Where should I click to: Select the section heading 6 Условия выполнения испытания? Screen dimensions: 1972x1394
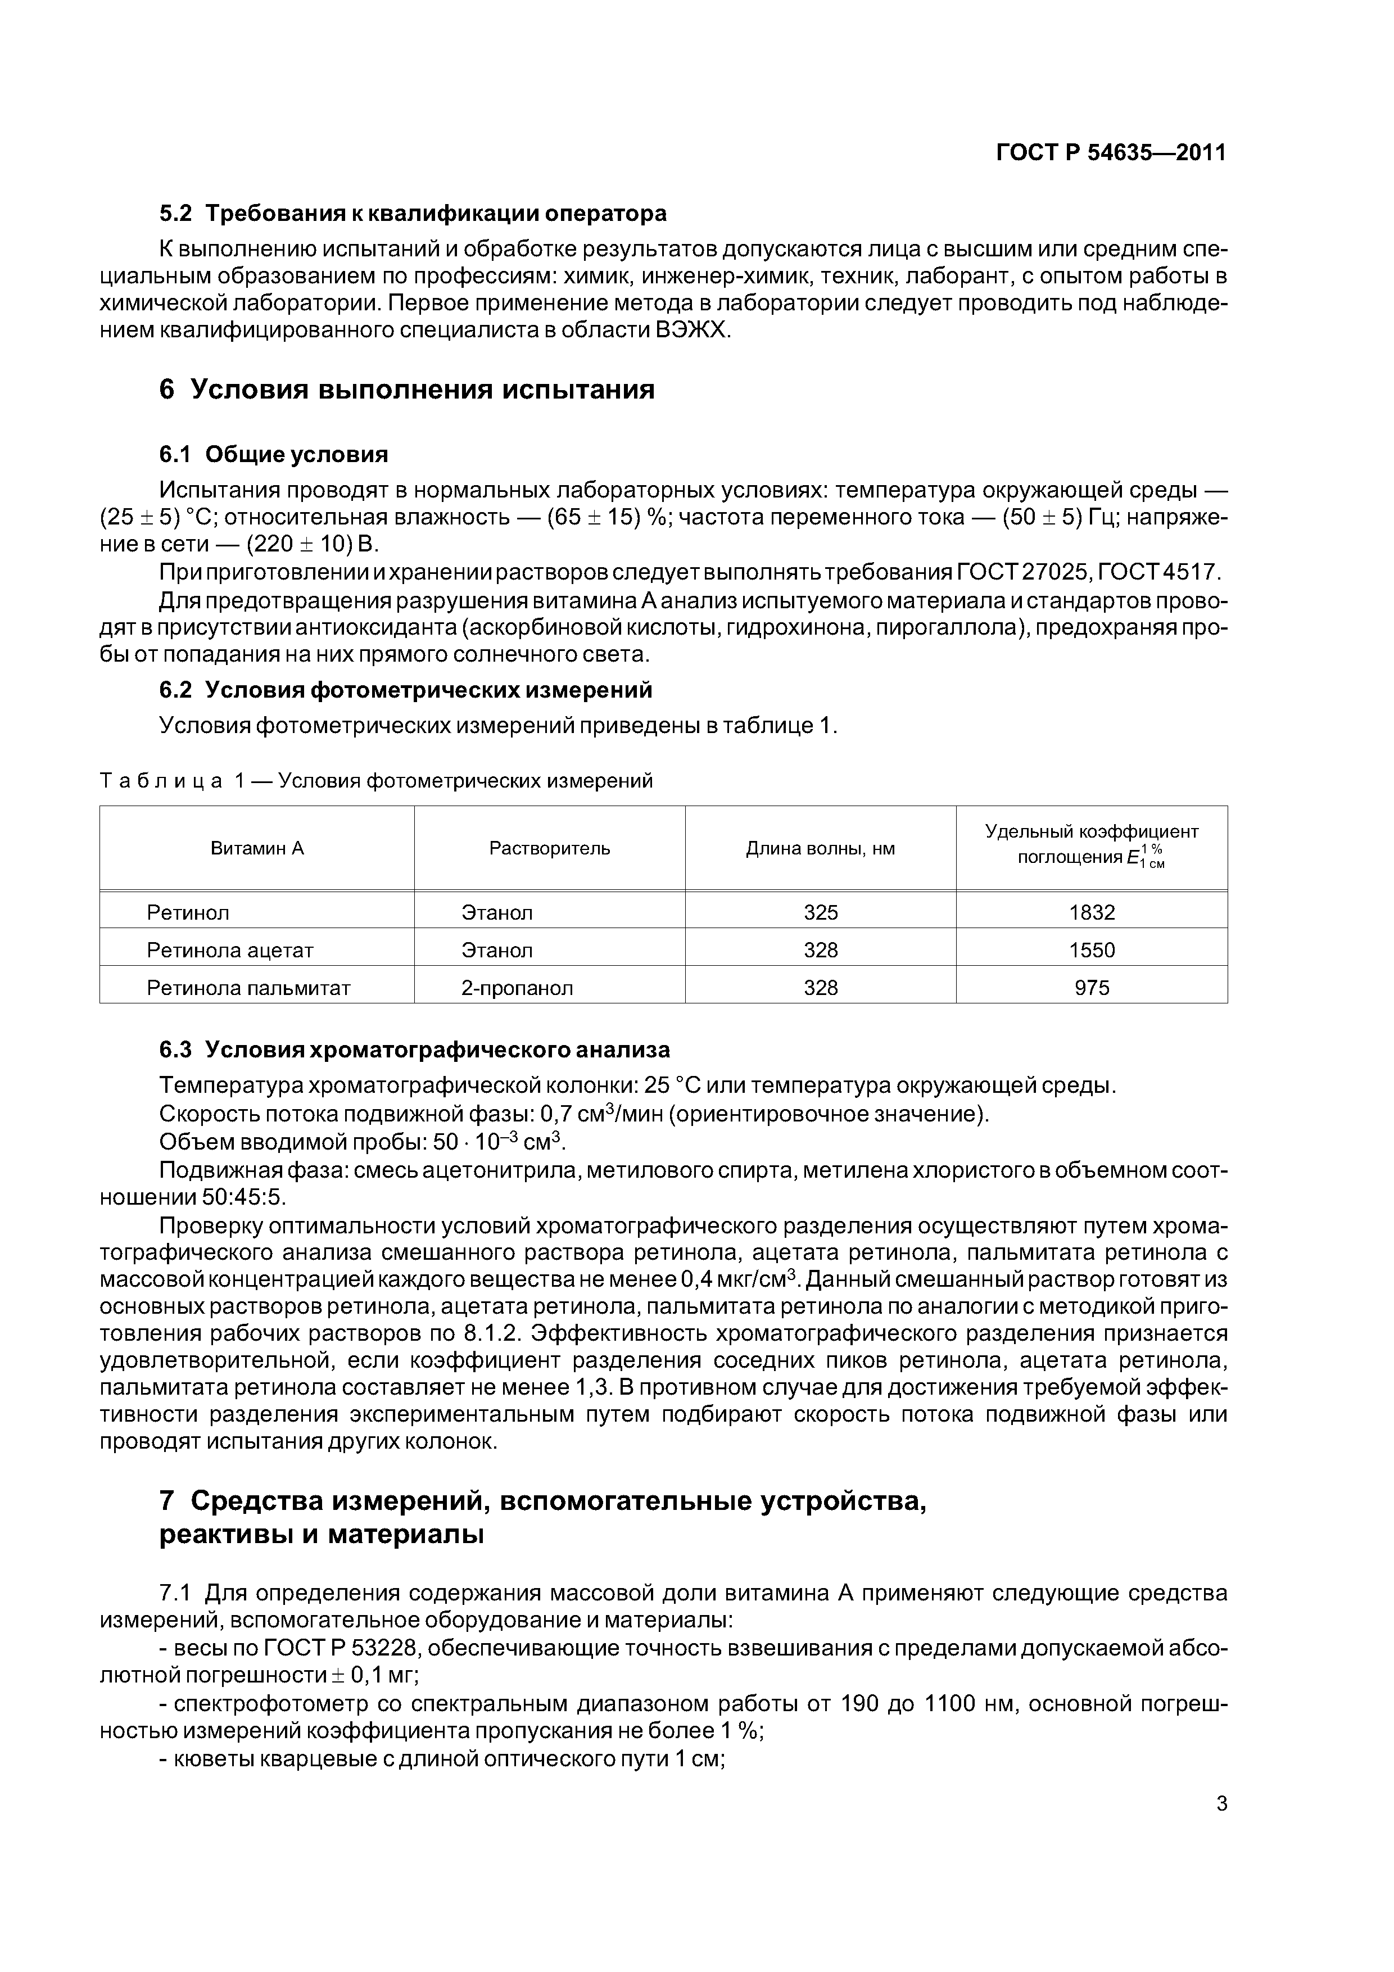407,390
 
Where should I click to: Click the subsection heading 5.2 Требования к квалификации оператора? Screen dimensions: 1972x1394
413,213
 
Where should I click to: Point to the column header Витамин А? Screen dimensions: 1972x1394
257,849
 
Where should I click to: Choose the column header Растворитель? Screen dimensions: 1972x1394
550,849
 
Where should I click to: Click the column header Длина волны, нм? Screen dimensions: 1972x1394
820,849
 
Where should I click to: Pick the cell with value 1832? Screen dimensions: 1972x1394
1092,912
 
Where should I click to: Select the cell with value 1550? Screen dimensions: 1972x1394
1092,950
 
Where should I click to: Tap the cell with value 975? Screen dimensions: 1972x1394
1092,988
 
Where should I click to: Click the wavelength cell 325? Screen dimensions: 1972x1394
820,912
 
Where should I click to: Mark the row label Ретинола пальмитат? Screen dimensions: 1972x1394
249,988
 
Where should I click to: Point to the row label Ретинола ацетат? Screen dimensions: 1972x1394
230,950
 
